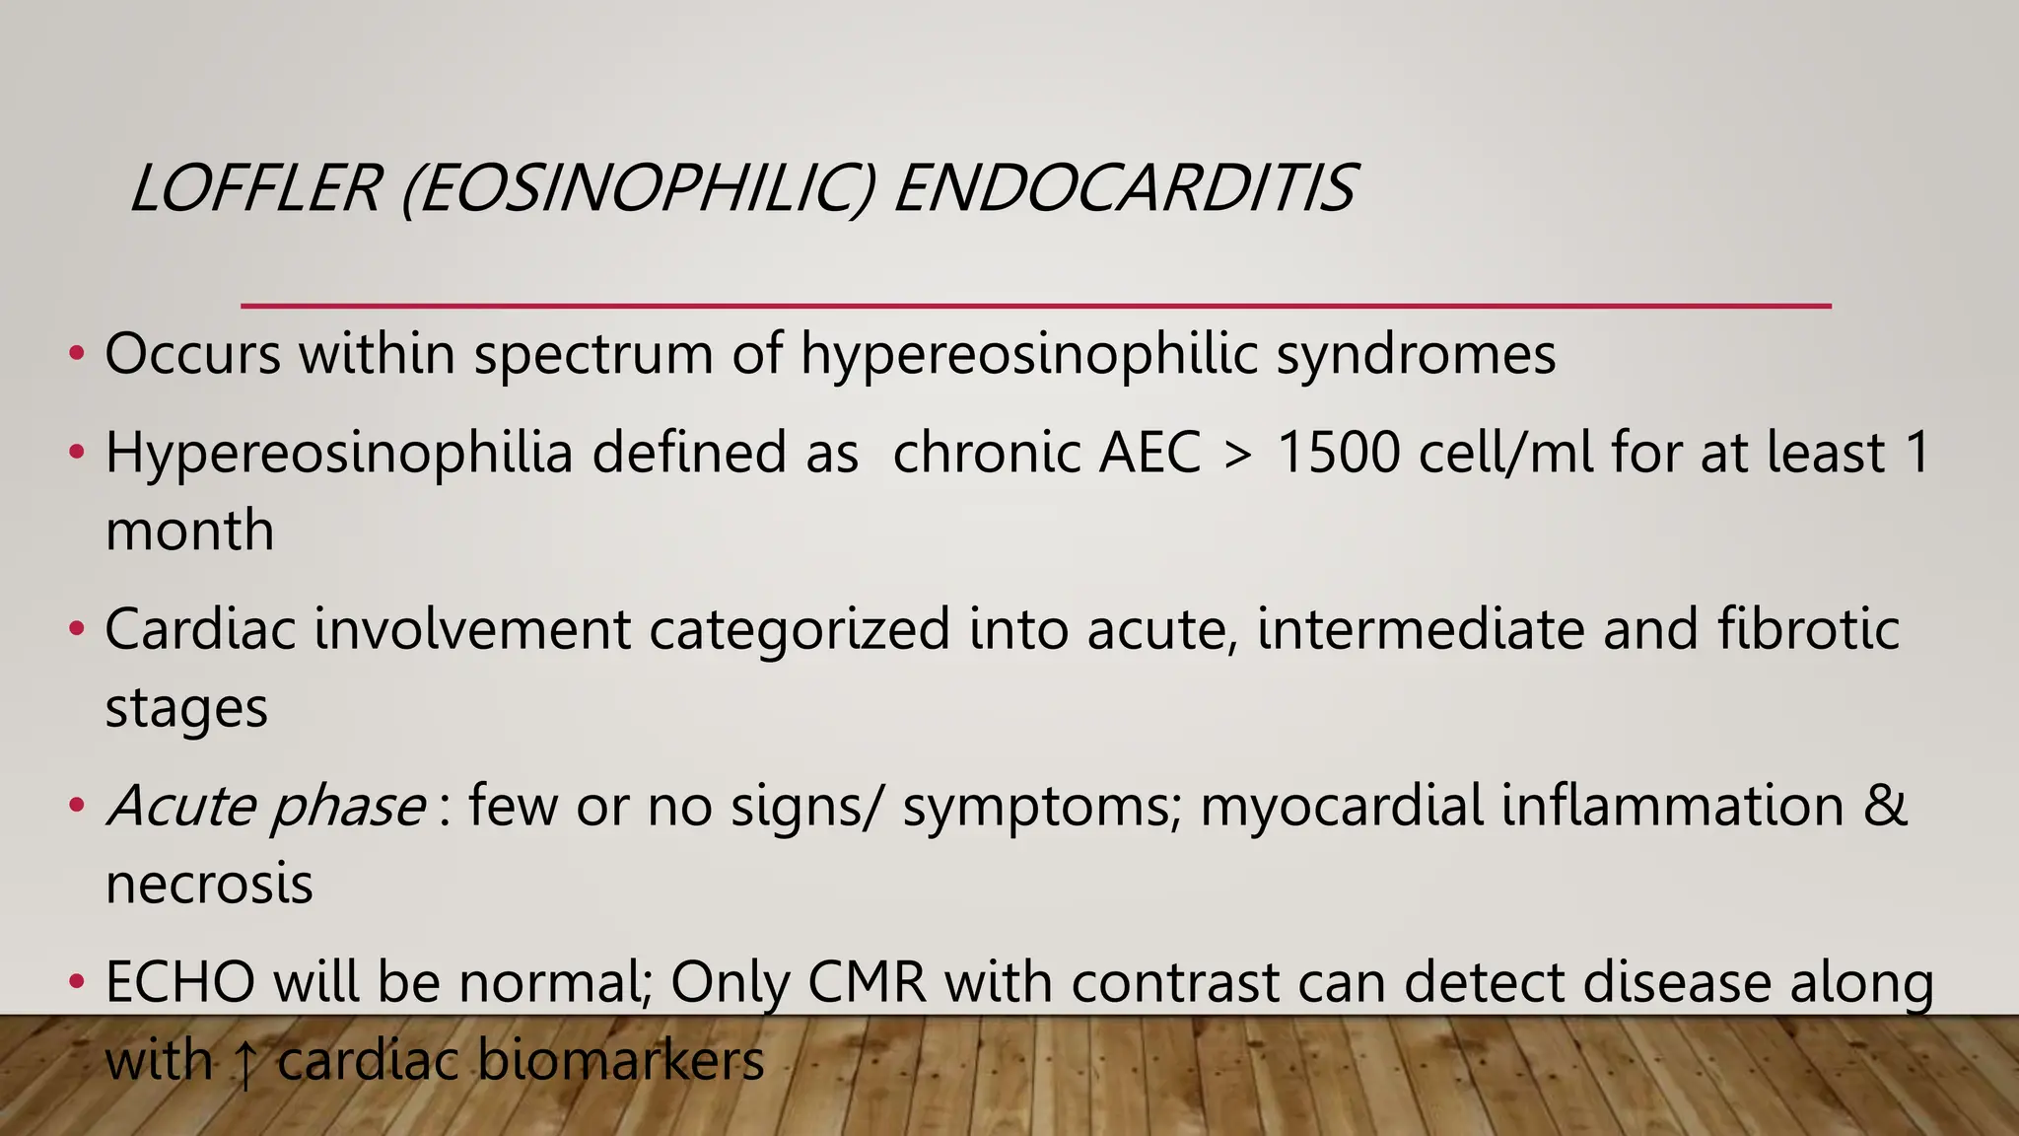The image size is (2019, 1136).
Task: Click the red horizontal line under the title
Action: [1035, 306]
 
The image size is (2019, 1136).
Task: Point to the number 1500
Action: [1338, 453]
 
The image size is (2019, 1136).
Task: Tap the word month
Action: [189, 531]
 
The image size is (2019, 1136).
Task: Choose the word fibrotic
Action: [1808, 629]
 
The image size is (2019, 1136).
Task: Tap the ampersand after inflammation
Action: [1885, 806]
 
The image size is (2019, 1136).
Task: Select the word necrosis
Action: [209, 884]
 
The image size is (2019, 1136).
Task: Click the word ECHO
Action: [179, 982]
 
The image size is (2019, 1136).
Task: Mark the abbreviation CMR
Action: [868, 982]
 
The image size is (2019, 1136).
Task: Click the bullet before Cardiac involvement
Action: [77, 629]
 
